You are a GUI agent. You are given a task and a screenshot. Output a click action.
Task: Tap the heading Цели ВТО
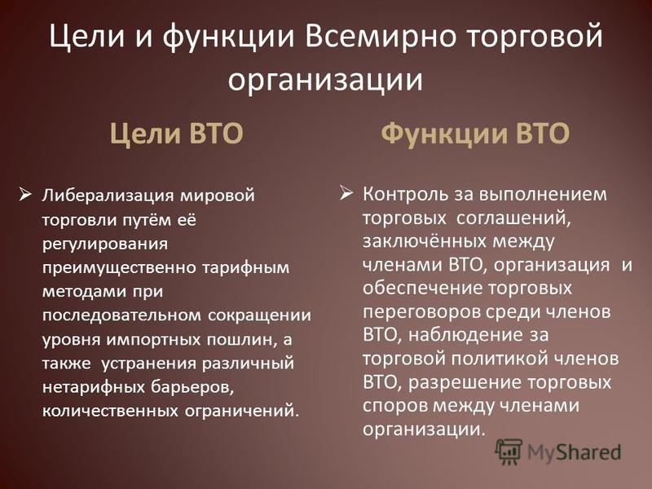177,133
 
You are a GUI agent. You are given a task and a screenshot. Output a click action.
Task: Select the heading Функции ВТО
475,133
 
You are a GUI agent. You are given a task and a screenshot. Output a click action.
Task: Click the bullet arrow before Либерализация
26,194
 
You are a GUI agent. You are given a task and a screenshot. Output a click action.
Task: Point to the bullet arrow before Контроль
346,193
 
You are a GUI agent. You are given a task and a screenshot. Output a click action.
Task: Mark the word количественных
110,412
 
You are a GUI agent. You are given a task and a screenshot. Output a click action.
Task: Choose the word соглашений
513,218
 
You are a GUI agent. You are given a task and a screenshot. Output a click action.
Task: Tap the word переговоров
422,312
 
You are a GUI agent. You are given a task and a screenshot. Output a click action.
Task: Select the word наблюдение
460,335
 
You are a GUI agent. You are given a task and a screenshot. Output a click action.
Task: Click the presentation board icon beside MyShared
509,451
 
